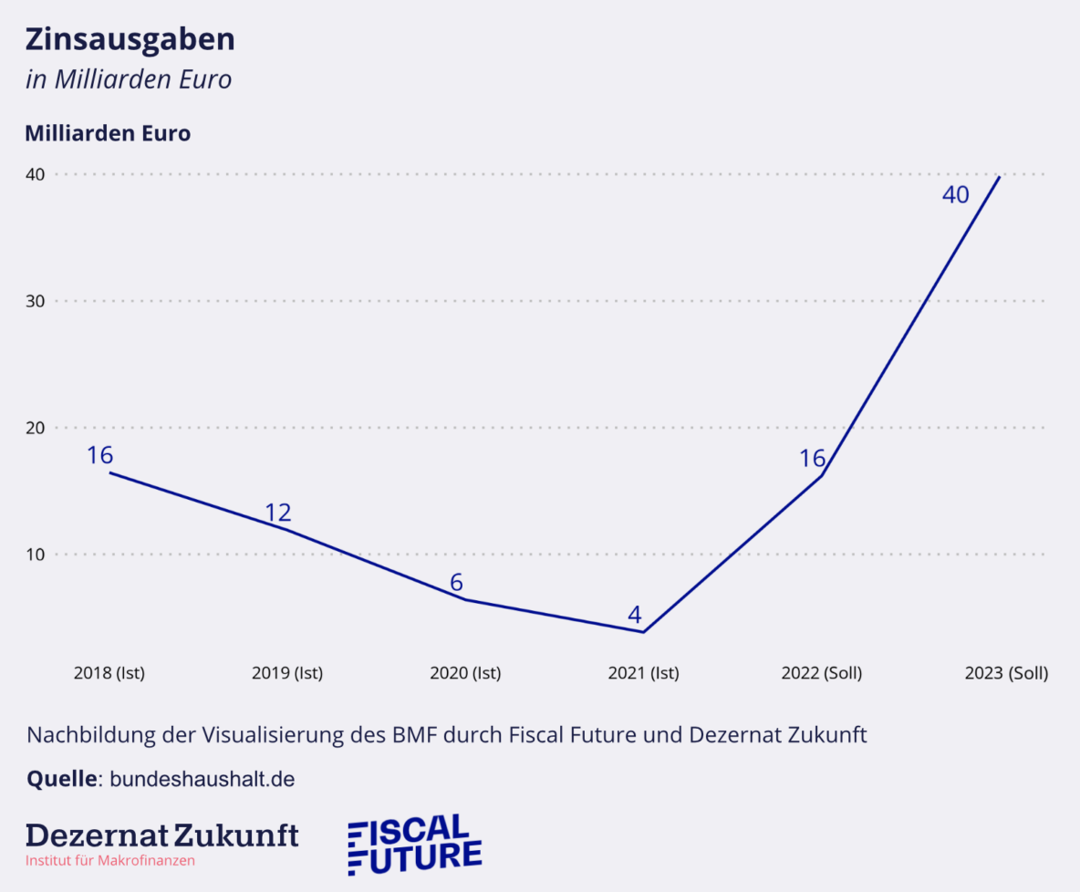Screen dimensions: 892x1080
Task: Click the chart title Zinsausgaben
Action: tap(130, 39)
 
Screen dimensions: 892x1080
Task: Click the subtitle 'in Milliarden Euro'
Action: tap(129, 79)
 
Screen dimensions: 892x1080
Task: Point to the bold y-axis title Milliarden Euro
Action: tap(108, 133)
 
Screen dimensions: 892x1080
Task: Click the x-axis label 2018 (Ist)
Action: tap(109, 674)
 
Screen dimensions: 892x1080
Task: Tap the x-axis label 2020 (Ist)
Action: tap(465, 674)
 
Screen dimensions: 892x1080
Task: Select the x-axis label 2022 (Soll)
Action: tap(822, 674)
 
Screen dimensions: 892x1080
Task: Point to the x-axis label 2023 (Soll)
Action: tap(1006, 674)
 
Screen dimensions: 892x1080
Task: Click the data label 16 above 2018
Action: tap(99, 455)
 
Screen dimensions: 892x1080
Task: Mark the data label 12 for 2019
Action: tap(278, 513)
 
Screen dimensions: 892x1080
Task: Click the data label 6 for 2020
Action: tap(458, 583)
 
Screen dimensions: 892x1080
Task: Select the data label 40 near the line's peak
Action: tap(955, 194)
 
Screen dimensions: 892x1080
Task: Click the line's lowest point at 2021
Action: tap(644, 632)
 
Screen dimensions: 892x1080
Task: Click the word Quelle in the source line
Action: tap(61, 780)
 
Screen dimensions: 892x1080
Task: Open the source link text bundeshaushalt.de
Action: tap(202, 780)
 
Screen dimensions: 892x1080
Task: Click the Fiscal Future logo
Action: tap(415, 845)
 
